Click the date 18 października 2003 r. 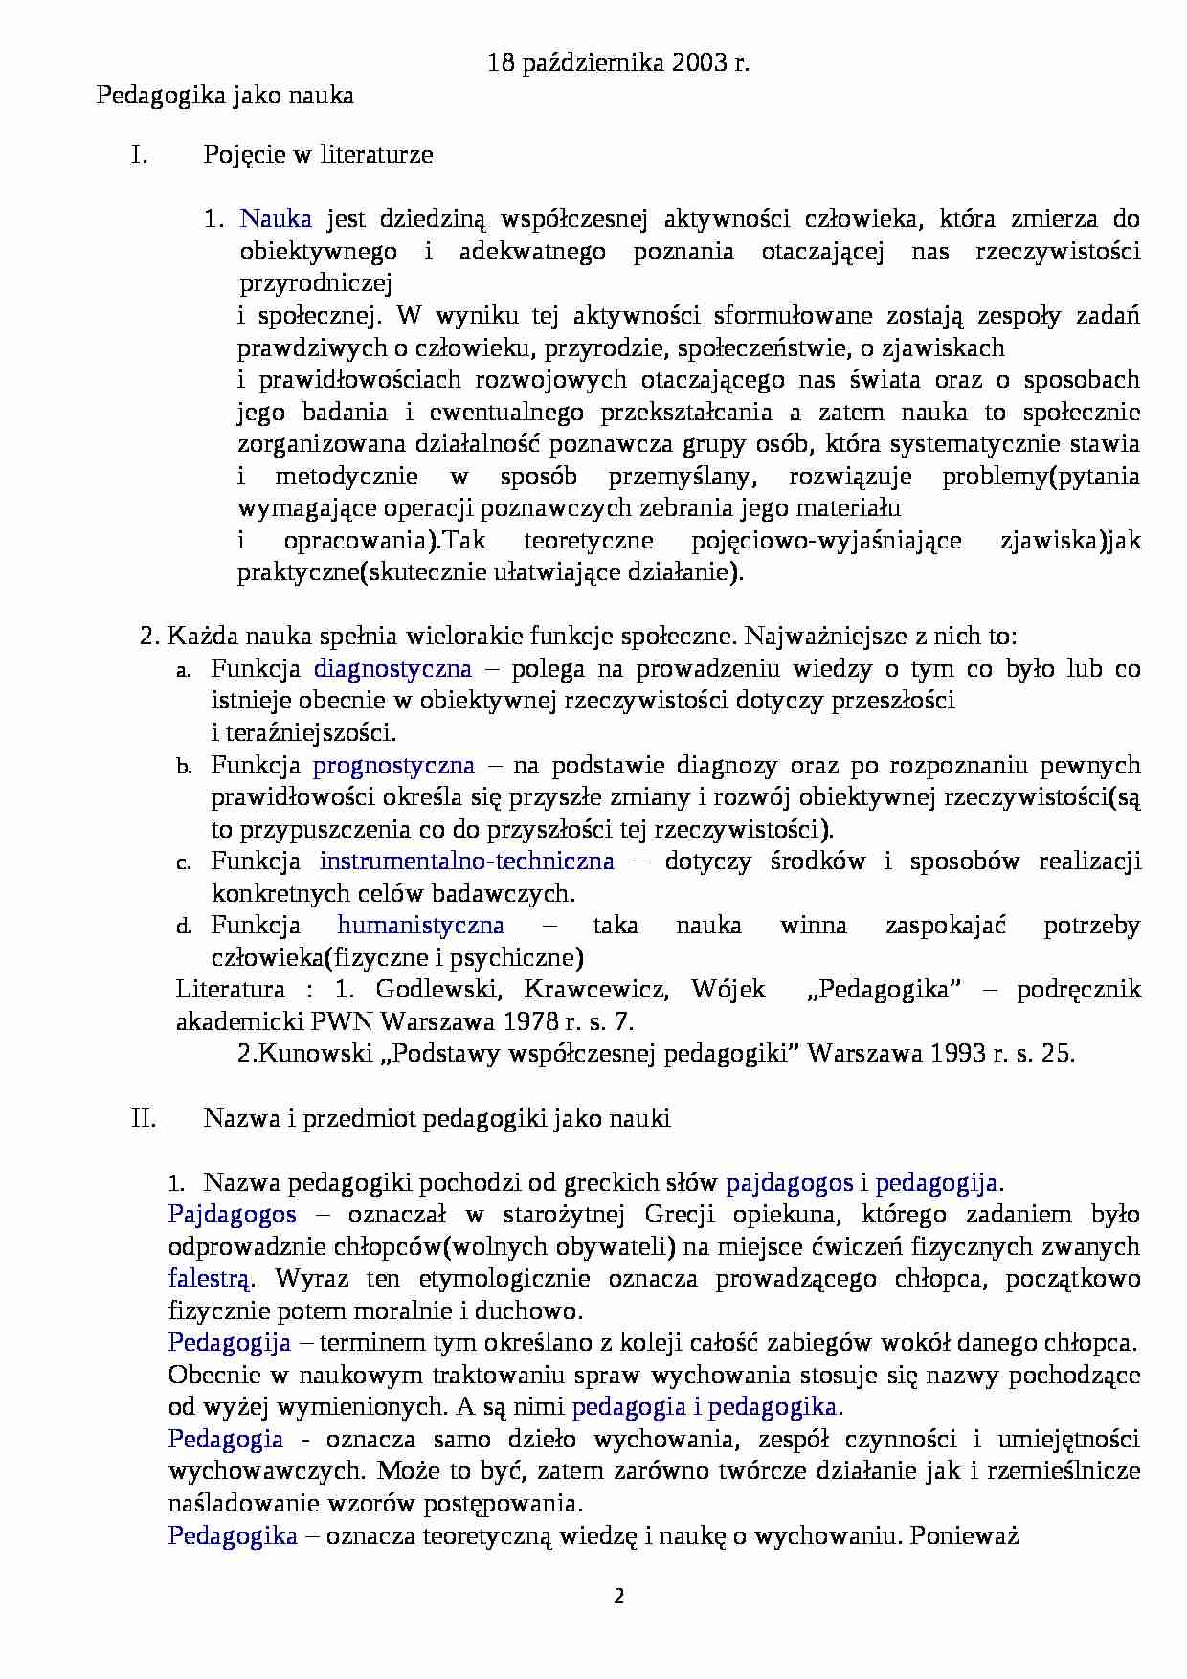(618, 64)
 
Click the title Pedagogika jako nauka (225, 96)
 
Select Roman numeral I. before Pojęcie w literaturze (140, 155)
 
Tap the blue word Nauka (276, 219)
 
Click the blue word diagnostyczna (392, 669)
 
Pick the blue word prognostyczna (393, 766)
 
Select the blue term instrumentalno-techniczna (466, 862)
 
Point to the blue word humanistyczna (420, 926)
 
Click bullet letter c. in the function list (184, 863)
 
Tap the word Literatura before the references (231, 990)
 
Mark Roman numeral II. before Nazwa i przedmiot (144, 1118)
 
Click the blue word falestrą (211, 1279)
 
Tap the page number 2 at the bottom (618, 1596)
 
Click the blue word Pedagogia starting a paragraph (226, 1440)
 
